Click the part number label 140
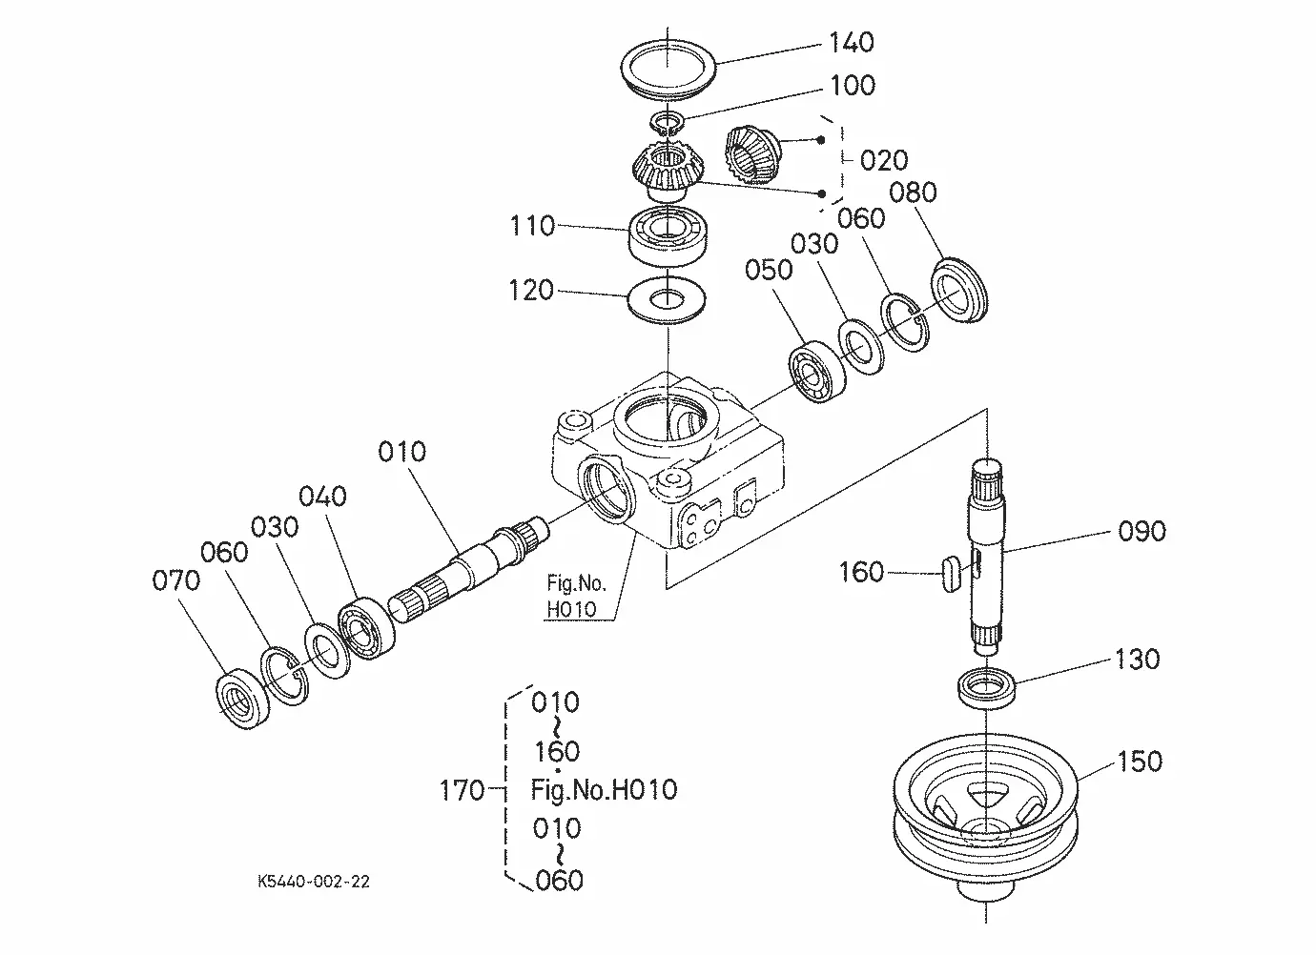click(x=852, y=42)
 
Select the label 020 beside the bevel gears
click(x=884, y=160)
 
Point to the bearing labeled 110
click(x=668, y=234)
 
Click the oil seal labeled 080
click(x=959, y=290)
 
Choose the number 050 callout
click(x=769, y=270)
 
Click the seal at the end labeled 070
click(x=242, y=699)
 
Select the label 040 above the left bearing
click(x=322, y=497)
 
